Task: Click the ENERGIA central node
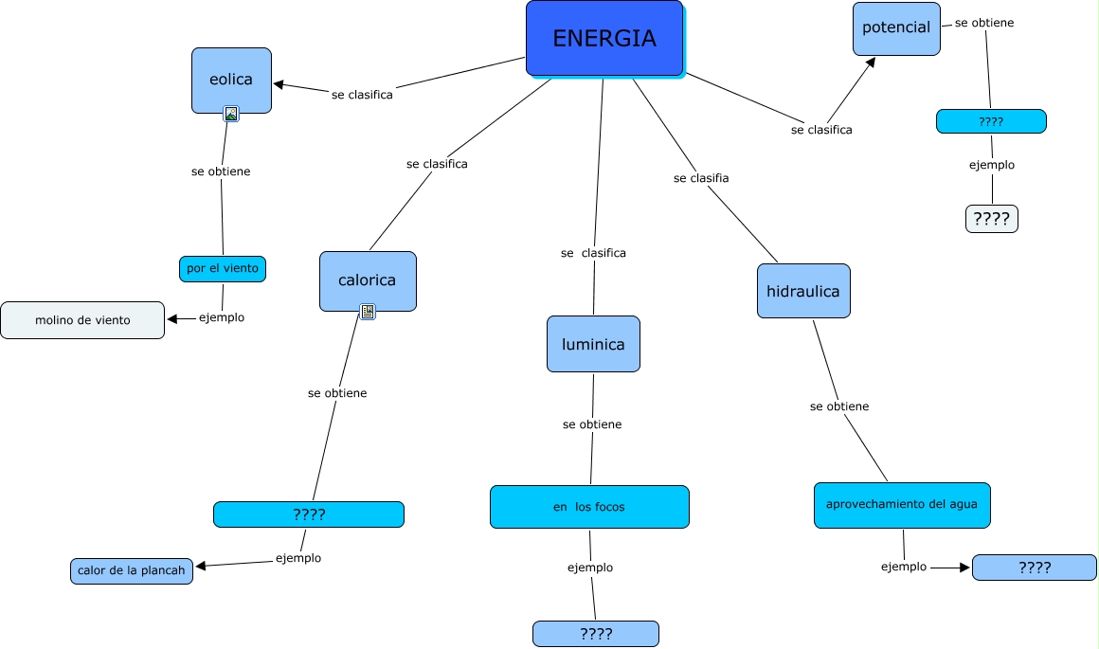(x=604, y=39)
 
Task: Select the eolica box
(x=231, y=80)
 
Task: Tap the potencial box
(x=896, y=28)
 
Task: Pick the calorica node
(x=368, y=280)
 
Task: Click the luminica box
(x=593, y=344)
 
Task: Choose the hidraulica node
(x=803, y=291)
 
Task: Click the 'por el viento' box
(x=223, y=269)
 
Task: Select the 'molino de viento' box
(x=82, y=320)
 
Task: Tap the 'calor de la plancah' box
(x=132, y=571)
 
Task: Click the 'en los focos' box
(x=589, y=507)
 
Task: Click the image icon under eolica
(x=231, y=114)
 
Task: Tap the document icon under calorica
(x=368, y=312)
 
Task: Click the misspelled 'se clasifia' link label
(x=701, y=178)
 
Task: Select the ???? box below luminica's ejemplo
(x=596, y=634)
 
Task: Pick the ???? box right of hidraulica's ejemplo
(x=1035, y=568)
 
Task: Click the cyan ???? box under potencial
(x=991, y=121)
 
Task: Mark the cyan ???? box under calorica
(x=309, y=514)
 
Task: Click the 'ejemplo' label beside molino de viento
(x=222, y=318)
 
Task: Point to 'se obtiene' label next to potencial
(x=984, y=23)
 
